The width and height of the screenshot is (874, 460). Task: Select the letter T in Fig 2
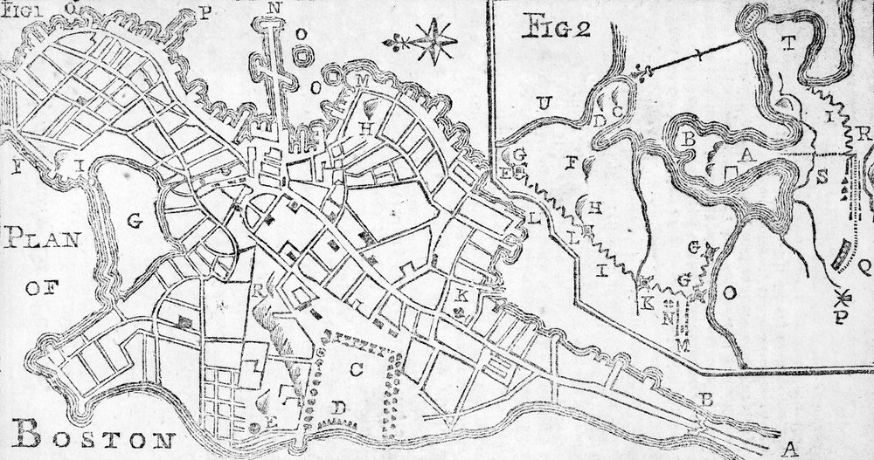788,49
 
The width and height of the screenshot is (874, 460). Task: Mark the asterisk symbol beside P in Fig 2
844,293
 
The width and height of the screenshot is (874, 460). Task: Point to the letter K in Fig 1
462,294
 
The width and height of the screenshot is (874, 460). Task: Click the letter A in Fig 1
789,449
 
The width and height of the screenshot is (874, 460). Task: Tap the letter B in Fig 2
690,138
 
